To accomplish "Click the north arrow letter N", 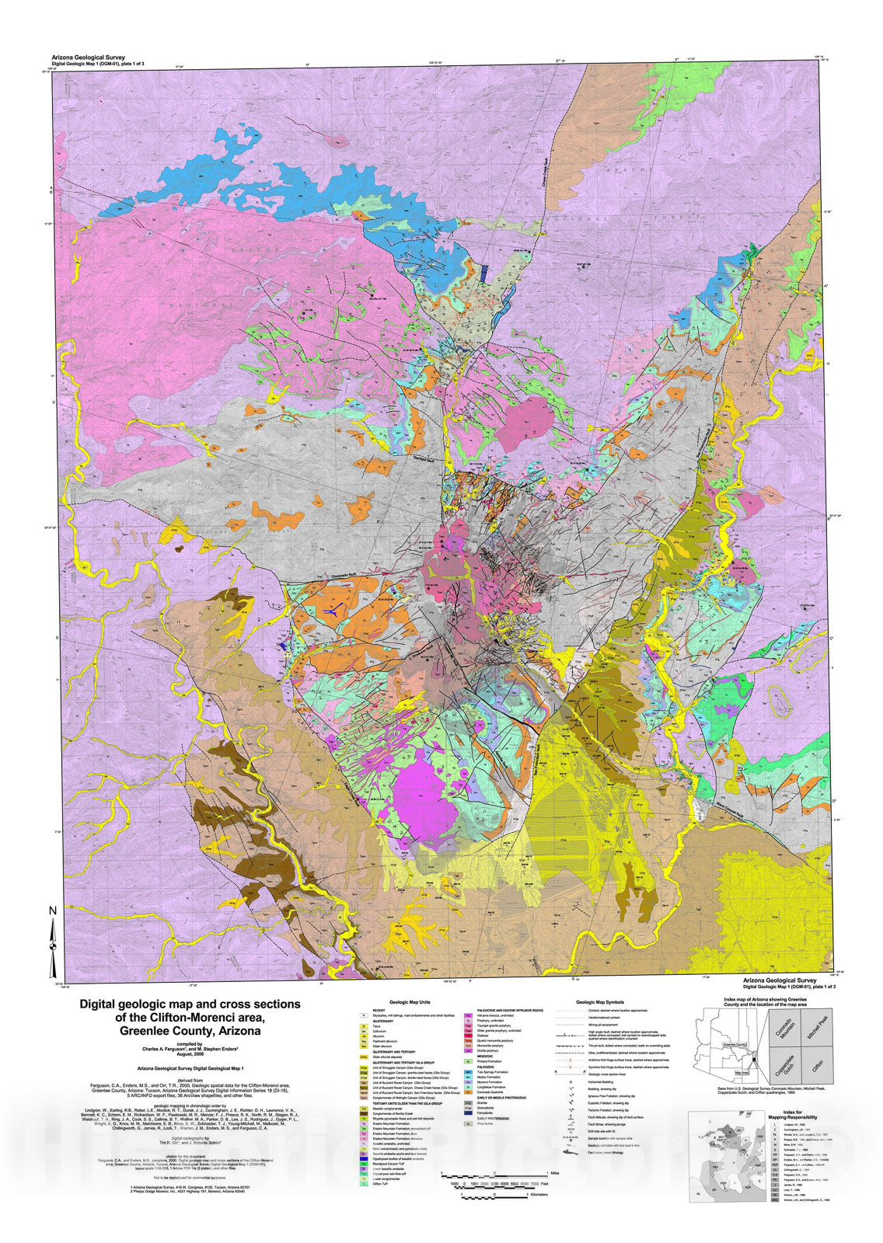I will coord(53,911).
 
